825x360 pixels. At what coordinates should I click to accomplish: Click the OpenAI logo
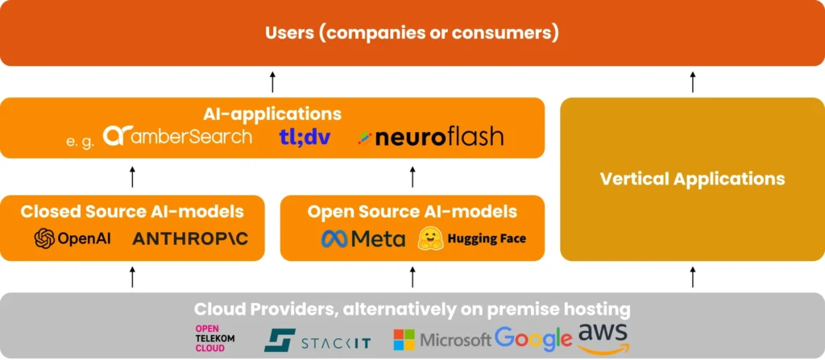click(73, 239)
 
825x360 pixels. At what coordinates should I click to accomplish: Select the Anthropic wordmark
click(190, 239)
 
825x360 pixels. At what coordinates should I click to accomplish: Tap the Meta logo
click(363, 239)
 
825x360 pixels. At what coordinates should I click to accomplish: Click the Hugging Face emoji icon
click(428, 238)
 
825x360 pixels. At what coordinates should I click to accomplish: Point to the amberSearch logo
click(178, 136)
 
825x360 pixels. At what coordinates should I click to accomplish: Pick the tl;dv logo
click(305, 136)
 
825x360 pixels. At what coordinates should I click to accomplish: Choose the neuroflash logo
click(431, 137)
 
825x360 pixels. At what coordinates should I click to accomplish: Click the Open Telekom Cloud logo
click(216, 337)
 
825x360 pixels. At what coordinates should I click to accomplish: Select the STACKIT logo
click(317, 339)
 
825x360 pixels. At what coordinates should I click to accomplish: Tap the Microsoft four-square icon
click(404, 339)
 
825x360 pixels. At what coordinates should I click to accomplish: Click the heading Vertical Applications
click(692, 178)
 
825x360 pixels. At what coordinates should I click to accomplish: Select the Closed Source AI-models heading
click(132, 212)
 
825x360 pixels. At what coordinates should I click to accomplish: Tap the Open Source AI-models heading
click(412, 212)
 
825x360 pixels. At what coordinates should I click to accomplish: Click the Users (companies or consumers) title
click(412, 33)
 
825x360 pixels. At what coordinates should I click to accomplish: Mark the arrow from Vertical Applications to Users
click(693, 81)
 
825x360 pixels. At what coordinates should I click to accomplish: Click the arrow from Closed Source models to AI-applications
click(133, 177)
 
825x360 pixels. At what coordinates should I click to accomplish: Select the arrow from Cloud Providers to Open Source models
click(412, 277)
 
